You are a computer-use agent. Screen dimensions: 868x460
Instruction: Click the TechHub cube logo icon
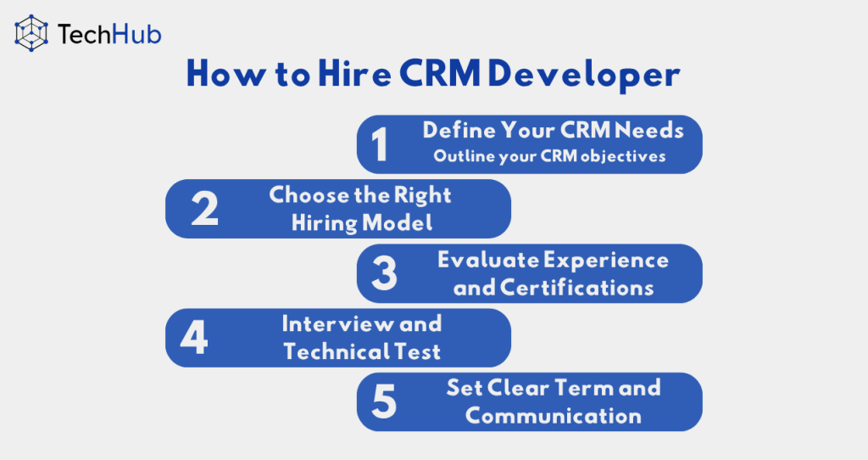click(x=31, y=33)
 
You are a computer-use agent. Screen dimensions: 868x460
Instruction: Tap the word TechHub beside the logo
click(x=109, y=34)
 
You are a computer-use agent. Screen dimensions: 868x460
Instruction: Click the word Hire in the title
click(x=355, y=73)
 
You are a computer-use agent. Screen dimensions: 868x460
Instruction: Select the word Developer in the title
click(x=584, y=75)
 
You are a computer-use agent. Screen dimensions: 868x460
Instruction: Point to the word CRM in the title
click(x=440, y=73)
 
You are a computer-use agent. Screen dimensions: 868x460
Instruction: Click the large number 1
click(x=379, y=144)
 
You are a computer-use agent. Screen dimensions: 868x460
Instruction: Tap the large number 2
click(x=204, y=209)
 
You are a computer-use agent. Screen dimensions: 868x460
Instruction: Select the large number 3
click(x=384, y=272)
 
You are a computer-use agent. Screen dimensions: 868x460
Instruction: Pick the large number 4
click(x=194, y=337)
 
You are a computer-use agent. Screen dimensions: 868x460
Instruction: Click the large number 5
click(x=384, y=401)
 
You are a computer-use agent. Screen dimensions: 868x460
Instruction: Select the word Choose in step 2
click(x=309, y=195)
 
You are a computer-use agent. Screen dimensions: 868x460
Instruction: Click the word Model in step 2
click(x=397, y=223)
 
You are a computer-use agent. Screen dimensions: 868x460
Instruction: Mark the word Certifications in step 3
click(x=576, y=288)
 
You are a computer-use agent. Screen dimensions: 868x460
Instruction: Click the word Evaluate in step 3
click(x=487, y=260)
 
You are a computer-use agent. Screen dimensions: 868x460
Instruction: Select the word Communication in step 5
click(x=553, y=416)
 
